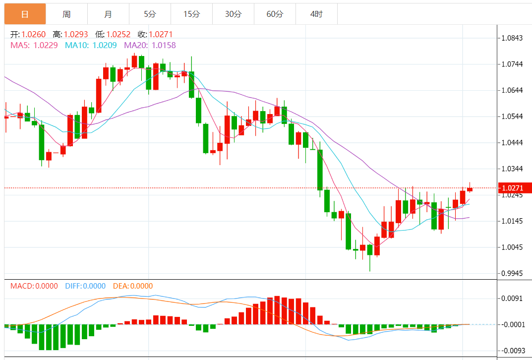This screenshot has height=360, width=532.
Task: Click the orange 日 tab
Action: [25, 14]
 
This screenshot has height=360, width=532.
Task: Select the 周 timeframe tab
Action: [66, 14]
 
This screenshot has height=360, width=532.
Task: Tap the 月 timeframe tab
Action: [108, 14]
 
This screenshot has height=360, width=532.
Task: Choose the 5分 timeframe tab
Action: [150, 14]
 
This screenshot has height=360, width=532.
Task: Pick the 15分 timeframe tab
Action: [191, 14]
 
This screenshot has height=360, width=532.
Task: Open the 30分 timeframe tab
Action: [233, 14]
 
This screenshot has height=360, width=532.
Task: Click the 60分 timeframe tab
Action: [275, 14]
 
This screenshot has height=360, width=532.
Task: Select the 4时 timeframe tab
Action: [316, 14]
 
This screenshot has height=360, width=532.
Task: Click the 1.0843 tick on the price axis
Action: [512, 38]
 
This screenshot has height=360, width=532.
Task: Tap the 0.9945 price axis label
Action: [512, 273]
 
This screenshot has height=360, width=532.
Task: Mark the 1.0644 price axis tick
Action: [512, 90]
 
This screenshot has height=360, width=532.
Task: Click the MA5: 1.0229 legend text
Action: [34, 45]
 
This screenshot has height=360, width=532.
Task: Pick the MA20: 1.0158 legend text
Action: [150, 45]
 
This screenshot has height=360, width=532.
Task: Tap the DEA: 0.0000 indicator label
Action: [133, 286]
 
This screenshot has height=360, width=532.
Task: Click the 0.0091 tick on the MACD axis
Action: [512, 299]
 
